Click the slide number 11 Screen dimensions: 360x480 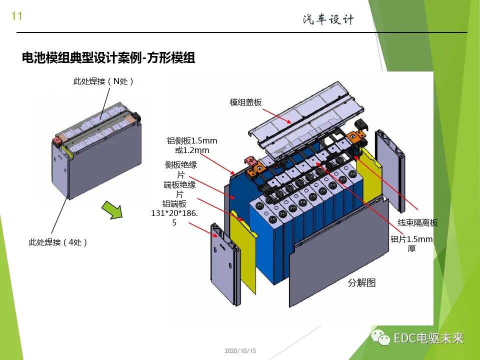click(16, 16)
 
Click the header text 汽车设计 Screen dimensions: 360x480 click(328, 19)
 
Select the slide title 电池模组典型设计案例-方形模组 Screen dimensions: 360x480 click(108, 58)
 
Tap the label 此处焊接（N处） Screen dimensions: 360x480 click(104, 81)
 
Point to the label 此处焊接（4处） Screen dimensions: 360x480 click(58, 242)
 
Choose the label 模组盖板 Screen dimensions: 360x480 click(245, 102)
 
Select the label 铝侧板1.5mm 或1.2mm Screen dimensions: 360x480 click(192, 145)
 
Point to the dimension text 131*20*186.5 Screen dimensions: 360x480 click(174, 213)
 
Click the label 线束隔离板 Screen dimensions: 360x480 click(417, 223)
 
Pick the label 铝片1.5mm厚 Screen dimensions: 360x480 click(411, 243)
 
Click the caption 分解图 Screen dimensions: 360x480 click(361, 283)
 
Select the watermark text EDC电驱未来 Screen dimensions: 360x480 click(428, 338)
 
